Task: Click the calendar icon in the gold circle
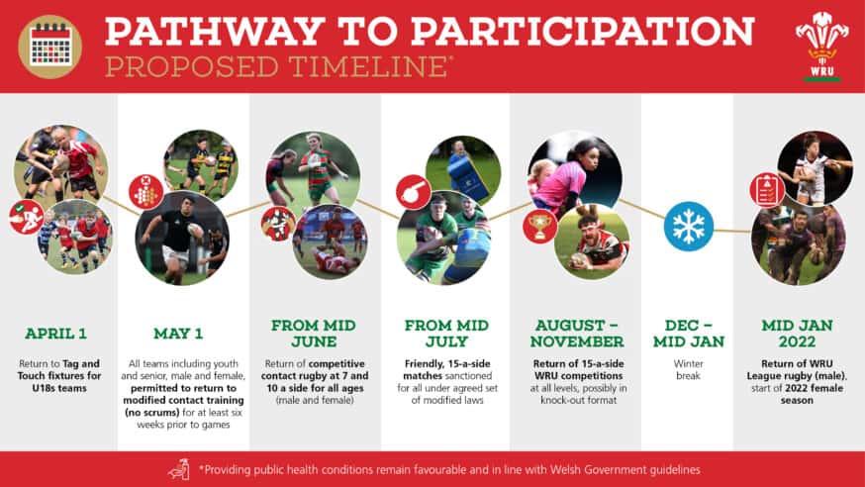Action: (49, 46)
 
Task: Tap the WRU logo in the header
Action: (821, 45)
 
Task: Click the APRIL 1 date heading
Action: (57, 333)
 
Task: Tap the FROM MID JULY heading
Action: (445, 333)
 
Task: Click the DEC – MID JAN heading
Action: (687, 333)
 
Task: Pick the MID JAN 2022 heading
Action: (799, 333)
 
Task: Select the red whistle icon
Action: (412, 191)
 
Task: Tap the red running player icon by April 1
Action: (26, 217)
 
